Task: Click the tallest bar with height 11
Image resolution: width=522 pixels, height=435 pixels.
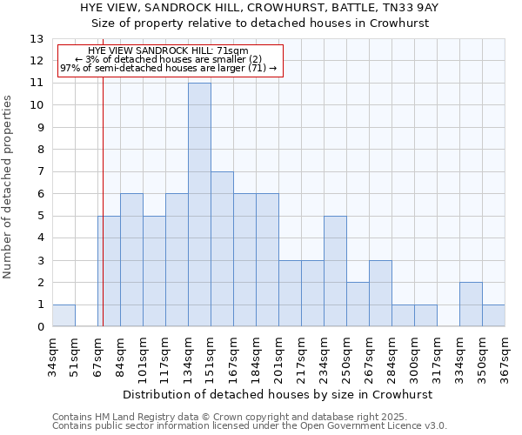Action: pyautogui.click(x=199, y=205)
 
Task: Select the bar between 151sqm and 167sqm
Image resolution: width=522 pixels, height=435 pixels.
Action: pyautogui.click(x=222, y=250)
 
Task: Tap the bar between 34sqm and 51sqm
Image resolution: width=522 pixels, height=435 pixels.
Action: pyautogui.click(x=64, y=316)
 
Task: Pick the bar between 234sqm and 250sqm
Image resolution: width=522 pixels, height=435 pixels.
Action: pyautogui.click(x=335, y=271)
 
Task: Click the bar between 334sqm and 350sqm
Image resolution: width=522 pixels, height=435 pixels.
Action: pyautogui.click(x=471, y=304)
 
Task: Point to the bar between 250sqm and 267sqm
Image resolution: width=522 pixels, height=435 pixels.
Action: pyautogui.click(x=358, y=304)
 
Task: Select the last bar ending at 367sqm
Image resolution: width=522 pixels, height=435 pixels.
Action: pyautogui.click(x=493, y=316)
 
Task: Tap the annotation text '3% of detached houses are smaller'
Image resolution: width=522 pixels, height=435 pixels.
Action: pyautogui.click(x=170, y=59)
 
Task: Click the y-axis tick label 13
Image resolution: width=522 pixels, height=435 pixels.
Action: pyautogui.click(x=37, y=39)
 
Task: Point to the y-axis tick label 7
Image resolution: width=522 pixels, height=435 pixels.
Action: pyautogui.click(x=40, y=172)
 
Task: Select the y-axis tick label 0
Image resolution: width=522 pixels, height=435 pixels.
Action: pyautogui.click(x=40, y=327)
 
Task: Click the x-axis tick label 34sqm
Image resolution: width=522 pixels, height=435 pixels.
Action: pyautogui.click(x=53, y=353)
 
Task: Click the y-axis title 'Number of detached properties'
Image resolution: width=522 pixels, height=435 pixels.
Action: pyautogui.click(x=8, y=188)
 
